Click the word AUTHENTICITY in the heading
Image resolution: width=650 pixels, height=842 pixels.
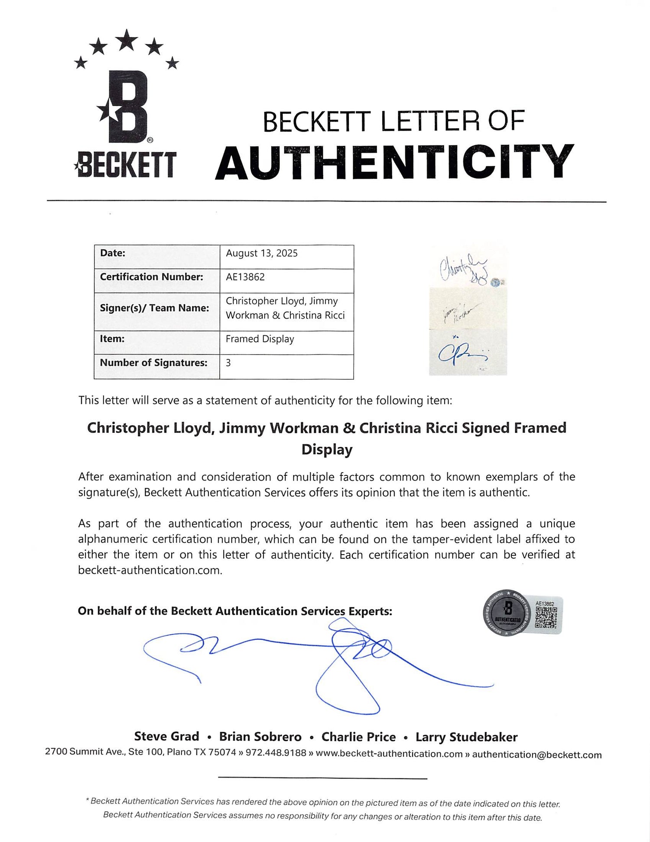394,162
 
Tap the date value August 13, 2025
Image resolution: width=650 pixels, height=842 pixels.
262,254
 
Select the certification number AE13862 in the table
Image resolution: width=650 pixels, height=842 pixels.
245,277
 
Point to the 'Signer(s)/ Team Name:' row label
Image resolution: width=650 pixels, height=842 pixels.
154,308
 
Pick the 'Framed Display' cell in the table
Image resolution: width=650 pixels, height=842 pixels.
260,339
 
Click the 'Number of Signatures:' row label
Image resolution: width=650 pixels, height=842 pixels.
153,363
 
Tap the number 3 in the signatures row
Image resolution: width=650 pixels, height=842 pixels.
228,363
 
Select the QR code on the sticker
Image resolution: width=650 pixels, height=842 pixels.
546,617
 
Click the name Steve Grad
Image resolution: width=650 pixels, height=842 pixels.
166,736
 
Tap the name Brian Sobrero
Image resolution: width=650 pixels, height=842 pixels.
260,737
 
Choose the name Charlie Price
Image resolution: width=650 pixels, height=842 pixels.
358,737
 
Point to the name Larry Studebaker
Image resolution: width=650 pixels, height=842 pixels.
466,737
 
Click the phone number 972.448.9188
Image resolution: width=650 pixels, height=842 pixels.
276,752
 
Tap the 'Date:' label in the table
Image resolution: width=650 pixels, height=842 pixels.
113,253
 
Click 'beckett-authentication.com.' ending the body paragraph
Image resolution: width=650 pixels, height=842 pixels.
150,570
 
